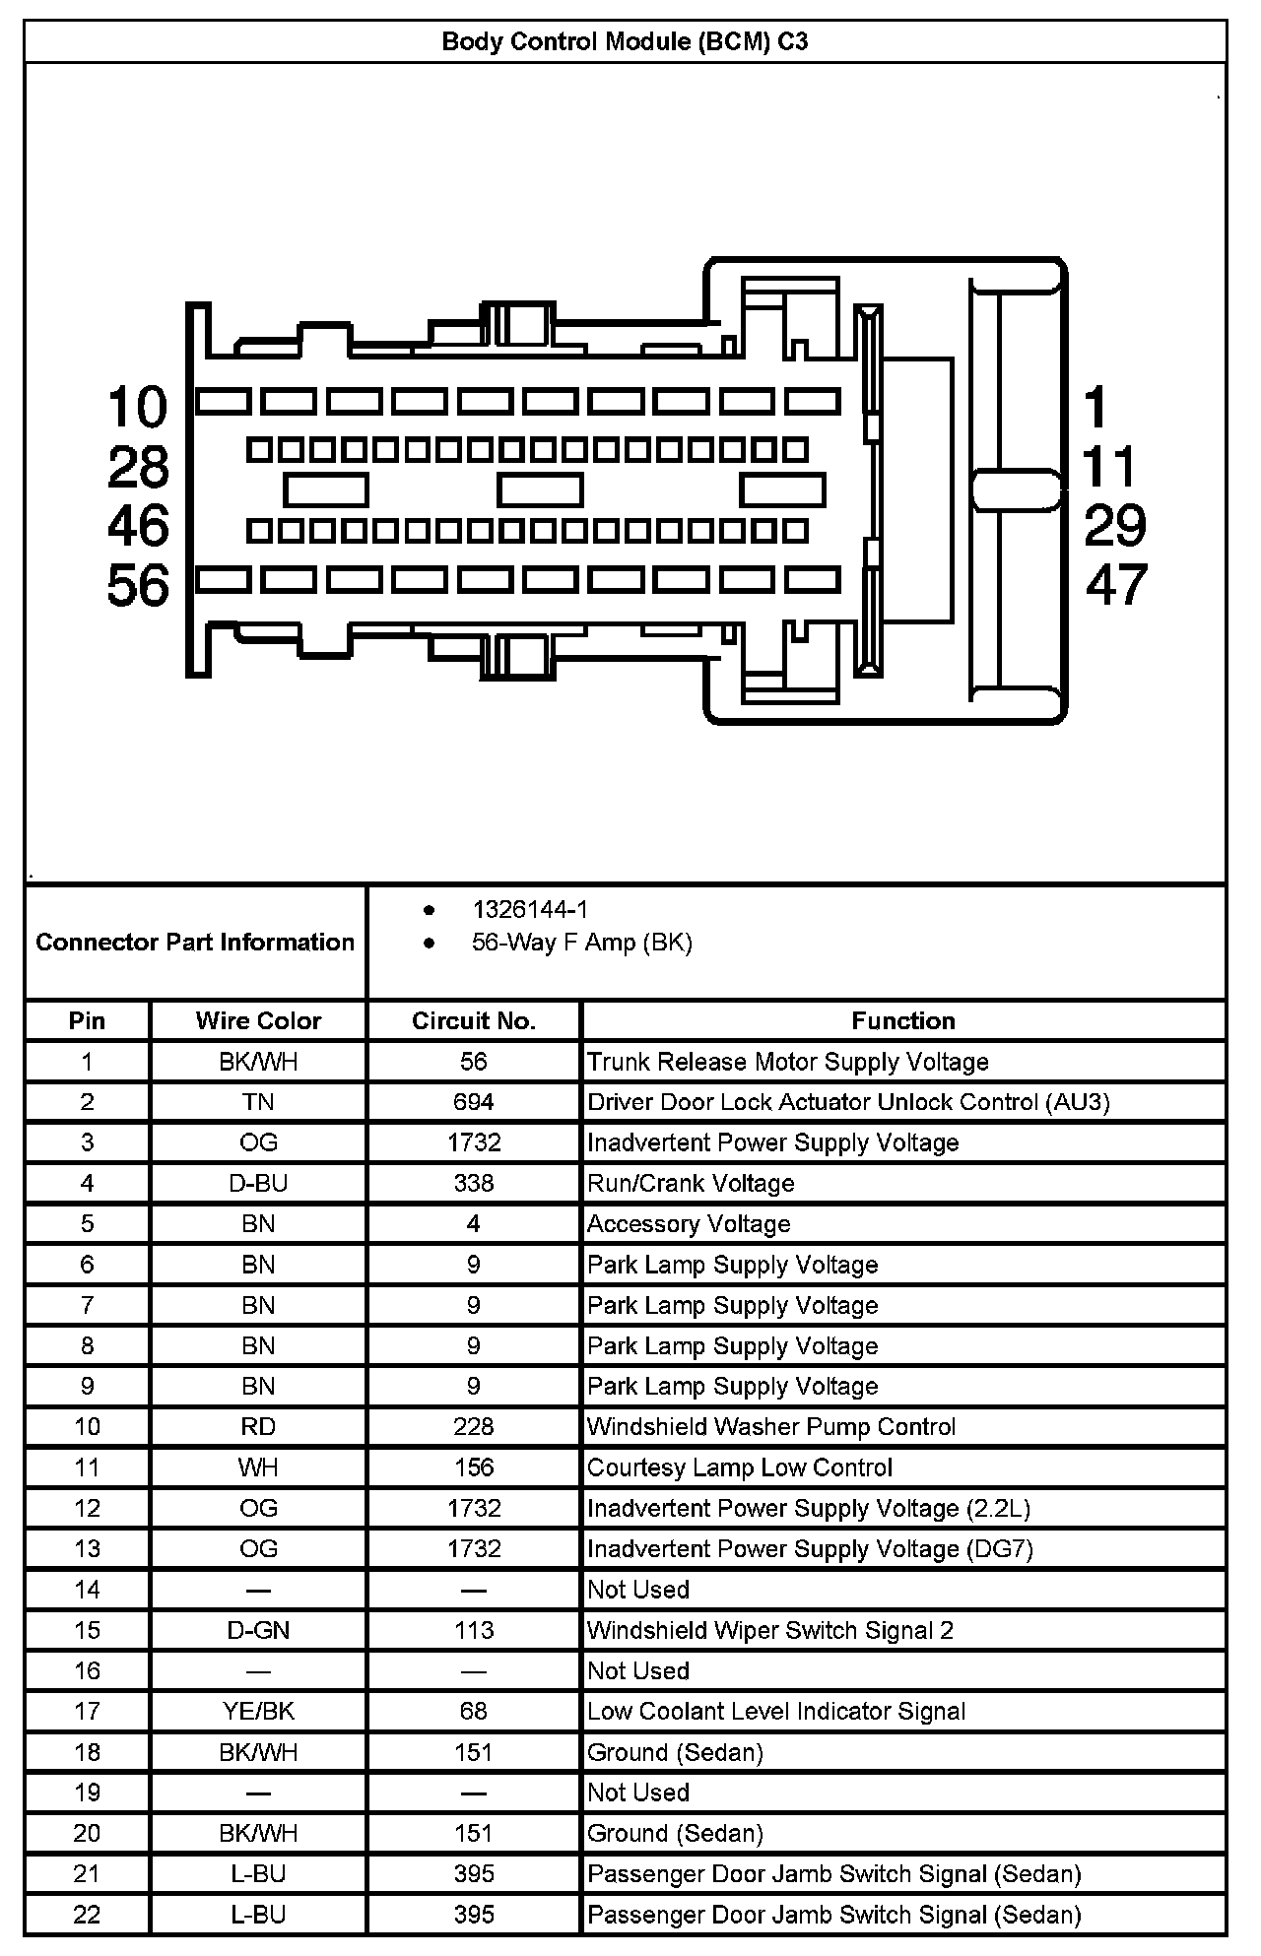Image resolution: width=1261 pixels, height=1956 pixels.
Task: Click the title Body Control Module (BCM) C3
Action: pyautogui.click(x=625, y=42)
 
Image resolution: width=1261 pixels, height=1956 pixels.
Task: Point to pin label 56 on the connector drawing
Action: pyautogui.click(x=138, y=586)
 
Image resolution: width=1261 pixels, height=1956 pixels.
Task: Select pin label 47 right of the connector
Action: pyautogui.click(x=1116, y=584)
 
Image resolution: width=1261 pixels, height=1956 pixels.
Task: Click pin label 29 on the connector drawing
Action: pyautogui.click(x=1115, y=525)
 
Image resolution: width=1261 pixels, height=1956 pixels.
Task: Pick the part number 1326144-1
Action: pyautogui.click(x=530, y=910)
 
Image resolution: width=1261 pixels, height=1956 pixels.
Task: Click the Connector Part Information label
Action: pyautogui.click(x=195, y=943)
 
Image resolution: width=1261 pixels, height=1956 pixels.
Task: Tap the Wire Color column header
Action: pyautogui.click(x=258, y=1020)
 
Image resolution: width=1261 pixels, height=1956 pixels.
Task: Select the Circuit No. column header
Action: pyautogui.click(x=474, y=1020)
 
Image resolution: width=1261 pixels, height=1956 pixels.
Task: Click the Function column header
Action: pyautogui.click(x=903, y=1020)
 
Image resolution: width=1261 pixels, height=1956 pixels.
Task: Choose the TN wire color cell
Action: pyautogui.click(x=258, y=1102)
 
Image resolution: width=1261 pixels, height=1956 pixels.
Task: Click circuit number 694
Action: pyautogui.click(x=474, y=1102)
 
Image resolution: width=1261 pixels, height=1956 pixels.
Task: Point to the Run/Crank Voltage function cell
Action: pyautogui.click(x=691, y=1183)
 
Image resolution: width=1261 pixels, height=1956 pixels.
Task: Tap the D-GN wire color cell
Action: pyautogui.click(x=258, y=1630)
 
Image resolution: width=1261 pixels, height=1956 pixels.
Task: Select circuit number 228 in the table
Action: pyautogui.click(x=474, y=1427)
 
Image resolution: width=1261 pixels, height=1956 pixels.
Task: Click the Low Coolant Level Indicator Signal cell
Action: pyautogui.click(x=776, y=1712)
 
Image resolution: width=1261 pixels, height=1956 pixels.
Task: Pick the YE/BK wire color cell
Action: pyautogui.click(x=258, y=1712)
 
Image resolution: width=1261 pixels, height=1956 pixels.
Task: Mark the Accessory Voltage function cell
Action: pyautogui.click(x=689, y=1224)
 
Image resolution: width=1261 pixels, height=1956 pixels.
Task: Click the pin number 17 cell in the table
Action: pyautogui.click(x=87, y=1712)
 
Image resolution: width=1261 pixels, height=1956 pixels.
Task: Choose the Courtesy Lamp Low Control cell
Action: pyautogui.click(x=740, y=1467)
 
